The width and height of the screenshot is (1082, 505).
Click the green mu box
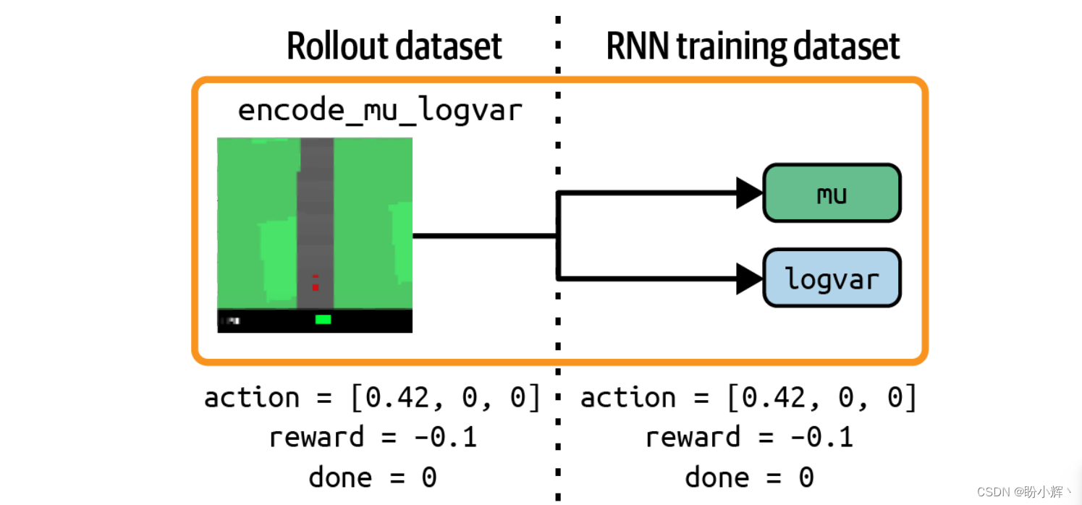pyautogui.click(x=832, y=193)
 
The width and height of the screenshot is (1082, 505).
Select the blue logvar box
pyautogui.click(x=832, y=278)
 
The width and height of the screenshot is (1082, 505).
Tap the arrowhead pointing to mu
pyautogui.click(x=749, y=193)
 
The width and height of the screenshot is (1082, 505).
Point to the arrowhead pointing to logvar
pyautogui.click(x=749, y=279)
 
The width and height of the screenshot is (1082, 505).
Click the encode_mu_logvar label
pyautogui.click(x=380, y=111)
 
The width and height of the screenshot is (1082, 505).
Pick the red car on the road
pyautogui.click(x=316, y=284)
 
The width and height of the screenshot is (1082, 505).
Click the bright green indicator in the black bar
pyautogui.click(x=323, y=319)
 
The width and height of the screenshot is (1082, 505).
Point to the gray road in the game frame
pyautogui.click(x=316, y=223)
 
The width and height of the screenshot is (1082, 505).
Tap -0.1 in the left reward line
pyautogui.click(x=445, y=438)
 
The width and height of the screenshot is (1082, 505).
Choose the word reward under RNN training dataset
pyautogui.click(x=693, y=438)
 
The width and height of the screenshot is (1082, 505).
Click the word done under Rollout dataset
pyautogui.click(x=341, y=477)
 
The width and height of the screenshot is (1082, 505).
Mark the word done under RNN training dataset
pyautogui.click(x=717, y=477)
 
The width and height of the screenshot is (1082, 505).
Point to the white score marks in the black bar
pyautogui.click(x=233, y=321)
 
